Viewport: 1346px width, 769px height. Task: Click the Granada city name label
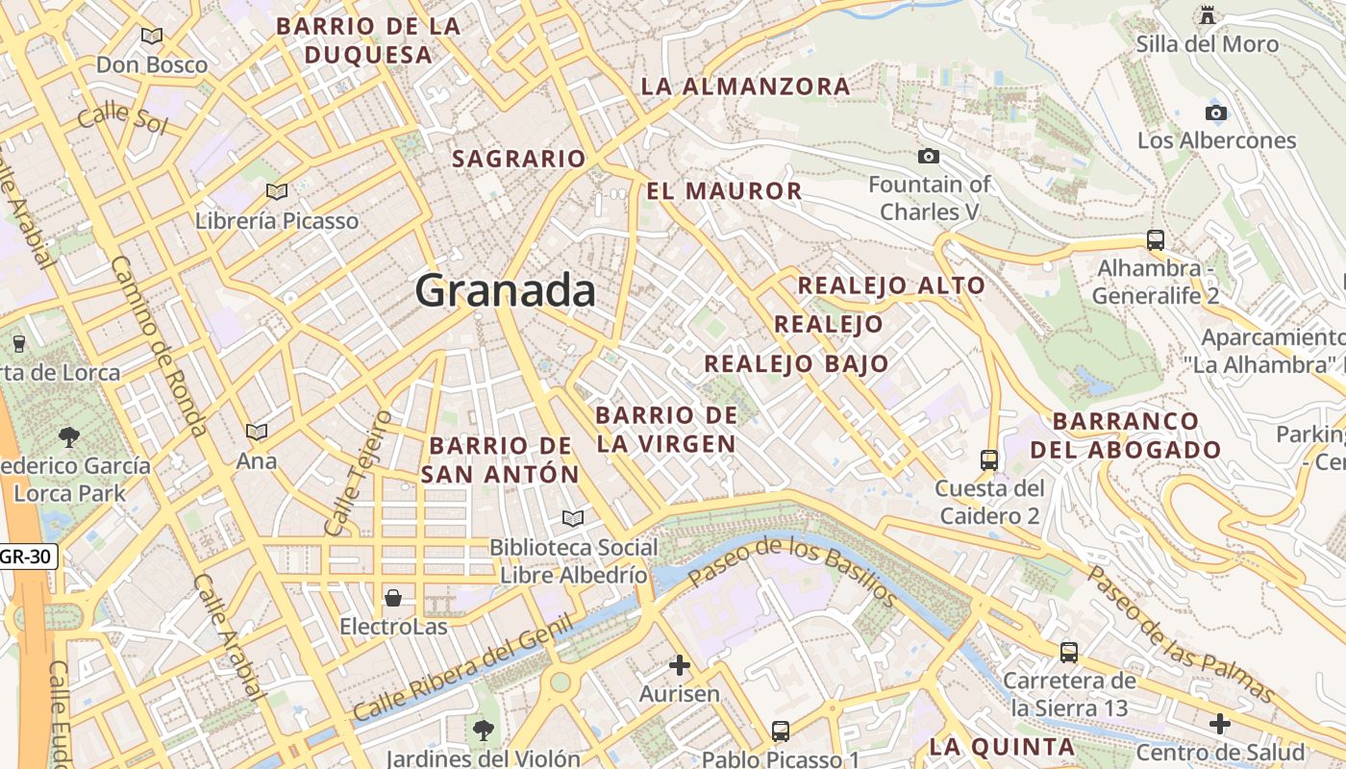506,290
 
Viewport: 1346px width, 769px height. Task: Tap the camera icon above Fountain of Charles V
929,156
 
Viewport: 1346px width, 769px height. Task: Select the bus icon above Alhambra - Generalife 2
1156,239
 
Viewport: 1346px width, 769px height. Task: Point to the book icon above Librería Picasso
277,192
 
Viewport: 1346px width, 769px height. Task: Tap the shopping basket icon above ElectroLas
393,599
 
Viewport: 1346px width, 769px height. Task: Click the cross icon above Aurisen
680,664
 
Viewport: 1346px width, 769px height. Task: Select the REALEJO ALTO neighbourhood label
891,285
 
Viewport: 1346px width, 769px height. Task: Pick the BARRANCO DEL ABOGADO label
1126,435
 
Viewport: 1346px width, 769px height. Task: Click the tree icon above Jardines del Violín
483,731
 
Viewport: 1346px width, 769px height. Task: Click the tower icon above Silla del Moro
1208,15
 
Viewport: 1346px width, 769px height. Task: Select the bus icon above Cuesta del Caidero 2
988,460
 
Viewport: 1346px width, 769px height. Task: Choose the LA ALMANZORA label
745,87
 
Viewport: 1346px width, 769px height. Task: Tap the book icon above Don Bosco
152,37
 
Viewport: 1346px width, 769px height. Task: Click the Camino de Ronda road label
159,346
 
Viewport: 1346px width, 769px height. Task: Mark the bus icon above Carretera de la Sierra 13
1068,653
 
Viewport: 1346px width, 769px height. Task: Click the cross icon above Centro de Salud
1220,723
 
